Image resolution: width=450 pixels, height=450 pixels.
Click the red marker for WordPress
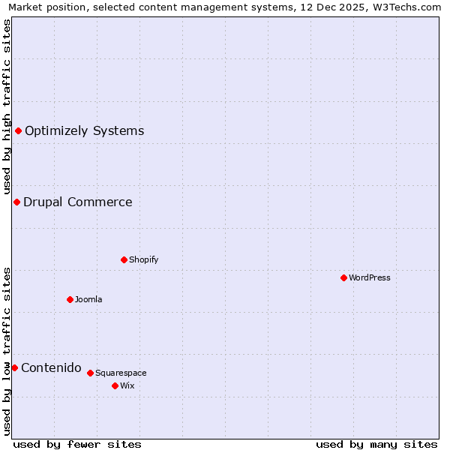343,277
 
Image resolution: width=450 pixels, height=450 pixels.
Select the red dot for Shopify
124,259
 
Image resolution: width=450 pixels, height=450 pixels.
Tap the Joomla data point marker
70,299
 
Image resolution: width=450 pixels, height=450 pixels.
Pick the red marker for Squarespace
90,373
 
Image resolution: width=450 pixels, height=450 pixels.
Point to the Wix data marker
115,385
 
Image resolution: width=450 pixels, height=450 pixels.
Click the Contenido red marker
14,367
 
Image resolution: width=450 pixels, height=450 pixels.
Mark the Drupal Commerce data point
16,202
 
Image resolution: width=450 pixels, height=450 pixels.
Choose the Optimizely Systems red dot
18,130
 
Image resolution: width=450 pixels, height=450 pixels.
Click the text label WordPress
370,277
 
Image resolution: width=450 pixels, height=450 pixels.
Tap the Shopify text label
143,259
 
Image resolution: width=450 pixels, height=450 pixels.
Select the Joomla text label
88,299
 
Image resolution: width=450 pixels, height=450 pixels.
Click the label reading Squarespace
121,373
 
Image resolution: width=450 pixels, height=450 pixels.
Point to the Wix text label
127,385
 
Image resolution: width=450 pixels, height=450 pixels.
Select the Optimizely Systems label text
84,130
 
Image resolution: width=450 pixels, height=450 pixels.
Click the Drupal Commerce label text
77,202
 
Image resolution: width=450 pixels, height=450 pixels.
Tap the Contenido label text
51,367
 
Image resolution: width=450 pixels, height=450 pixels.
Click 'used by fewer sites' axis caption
77,444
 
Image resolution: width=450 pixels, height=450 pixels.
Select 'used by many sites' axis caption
376,444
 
